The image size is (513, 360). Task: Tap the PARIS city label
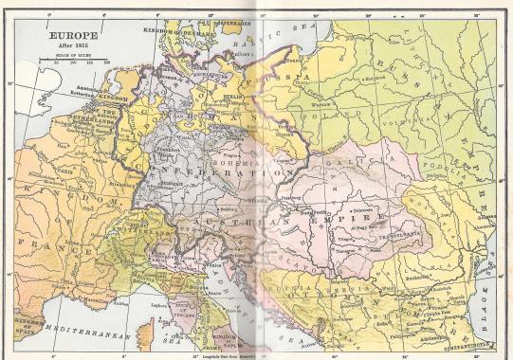coord(67,173)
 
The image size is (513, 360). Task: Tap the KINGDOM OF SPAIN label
coord(19,329)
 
